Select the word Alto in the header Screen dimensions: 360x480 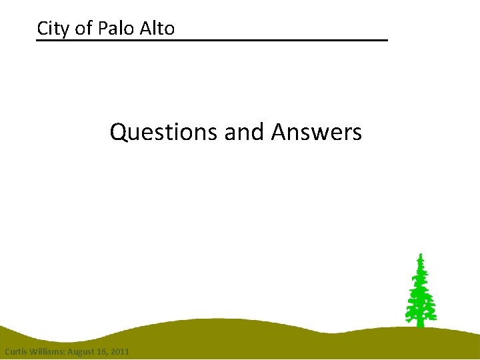tap(157, 29)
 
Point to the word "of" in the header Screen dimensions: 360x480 tap(85, 29)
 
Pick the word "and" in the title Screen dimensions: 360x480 tap(245, 132)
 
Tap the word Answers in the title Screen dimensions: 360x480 tap(316, 132)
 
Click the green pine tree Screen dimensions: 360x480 tap(420, 293)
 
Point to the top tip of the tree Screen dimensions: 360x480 tap(420, 255)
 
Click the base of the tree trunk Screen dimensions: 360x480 tap(420, 325)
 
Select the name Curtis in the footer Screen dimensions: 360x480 tap(16, 351)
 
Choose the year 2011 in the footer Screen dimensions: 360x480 tap(121, 351)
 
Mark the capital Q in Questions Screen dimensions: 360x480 tap(118, 132)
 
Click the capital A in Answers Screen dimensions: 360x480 tap(278, 132)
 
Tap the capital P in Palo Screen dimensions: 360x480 tap(102, 29)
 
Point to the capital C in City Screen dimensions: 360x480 tap(42, 29)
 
